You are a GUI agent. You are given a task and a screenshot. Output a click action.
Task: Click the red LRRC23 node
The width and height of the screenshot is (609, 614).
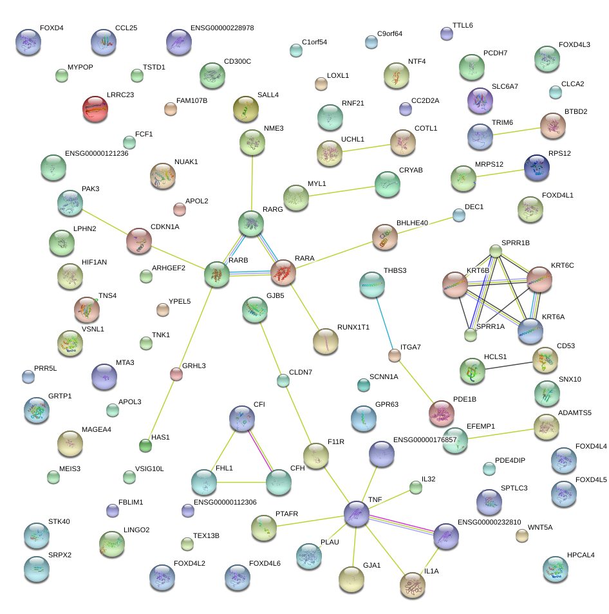tap(95, 108)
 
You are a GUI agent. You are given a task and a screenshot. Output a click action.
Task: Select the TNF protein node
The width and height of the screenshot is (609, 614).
tap(356, 514)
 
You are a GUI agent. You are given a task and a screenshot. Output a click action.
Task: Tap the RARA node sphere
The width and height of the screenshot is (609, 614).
tap(283, 272)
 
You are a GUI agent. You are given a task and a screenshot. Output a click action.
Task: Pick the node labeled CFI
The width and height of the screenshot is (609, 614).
tap(242, 418)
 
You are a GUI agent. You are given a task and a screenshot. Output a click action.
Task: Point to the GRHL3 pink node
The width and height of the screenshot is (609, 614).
tap(176, 373)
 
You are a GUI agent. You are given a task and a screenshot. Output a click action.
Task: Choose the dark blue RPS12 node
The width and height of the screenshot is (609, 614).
tap(537, 167)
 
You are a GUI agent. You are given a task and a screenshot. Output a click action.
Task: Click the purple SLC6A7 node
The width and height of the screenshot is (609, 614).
tap(480, 100)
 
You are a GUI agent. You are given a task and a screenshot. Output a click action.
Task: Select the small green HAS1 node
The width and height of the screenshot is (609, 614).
tap(145, 445)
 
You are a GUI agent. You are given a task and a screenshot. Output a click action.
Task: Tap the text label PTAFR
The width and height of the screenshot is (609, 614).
tap(286, 514)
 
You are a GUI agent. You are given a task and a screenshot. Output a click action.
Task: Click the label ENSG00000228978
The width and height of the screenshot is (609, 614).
tap(222, 28)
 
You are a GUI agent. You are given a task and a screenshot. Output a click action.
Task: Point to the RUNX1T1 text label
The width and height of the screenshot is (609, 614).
tap(353, 328)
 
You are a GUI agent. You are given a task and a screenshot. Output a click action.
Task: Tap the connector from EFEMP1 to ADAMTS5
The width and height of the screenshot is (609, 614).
tap(501, 433)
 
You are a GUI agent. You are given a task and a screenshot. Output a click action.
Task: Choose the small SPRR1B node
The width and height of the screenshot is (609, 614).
tap(495, 250)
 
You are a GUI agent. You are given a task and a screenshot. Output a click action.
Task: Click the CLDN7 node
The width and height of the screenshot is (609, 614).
tap(283, 380)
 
